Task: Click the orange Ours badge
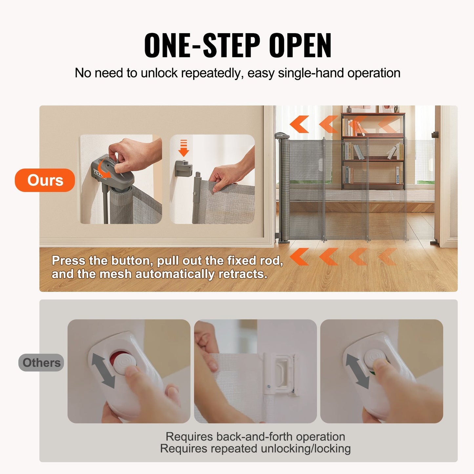click(45, 180)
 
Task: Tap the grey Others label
click(41, 362)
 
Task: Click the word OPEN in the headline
click(300, 46)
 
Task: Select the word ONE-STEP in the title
click(202, 46)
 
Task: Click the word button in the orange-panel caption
click(131, 261)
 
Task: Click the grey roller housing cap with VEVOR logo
click(282, 135)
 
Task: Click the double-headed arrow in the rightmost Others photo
click(358, 371)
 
